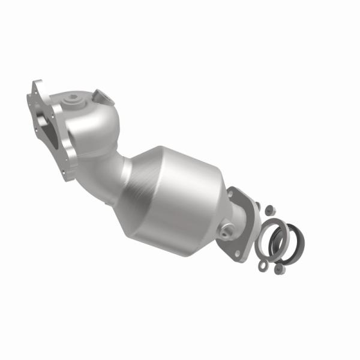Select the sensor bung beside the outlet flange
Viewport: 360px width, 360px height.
(x=228, y=230)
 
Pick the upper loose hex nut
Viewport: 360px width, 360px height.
(x=270, y=209)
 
